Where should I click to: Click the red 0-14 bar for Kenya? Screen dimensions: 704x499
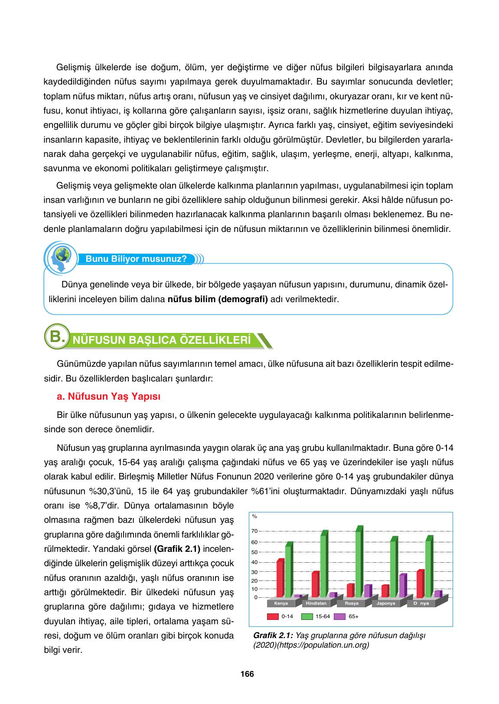280,579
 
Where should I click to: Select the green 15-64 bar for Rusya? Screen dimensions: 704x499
359,563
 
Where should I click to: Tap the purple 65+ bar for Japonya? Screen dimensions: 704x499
402,586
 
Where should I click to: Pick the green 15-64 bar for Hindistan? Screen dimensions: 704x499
323,565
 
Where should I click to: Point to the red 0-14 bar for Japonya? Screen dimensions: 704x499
385,591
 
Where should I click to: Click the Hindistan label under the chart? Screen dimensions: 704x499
316,603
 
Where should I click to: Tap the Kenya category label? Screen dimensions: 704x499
281,603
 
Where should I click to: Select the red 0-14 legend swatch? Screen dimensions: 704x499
272,616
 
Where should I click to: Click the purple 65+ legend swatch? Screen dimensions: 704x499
339,616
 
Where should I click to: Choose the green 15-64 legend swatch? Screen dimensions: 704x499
307,616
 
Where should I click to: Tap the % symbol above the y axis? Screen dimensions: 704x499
254,516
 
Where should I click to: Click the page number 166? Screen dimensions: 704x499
247,674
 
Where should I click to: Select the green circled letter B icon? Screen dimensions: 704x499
56,337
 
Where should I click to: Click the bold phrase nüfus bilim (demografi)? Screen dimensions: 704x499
218,299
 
